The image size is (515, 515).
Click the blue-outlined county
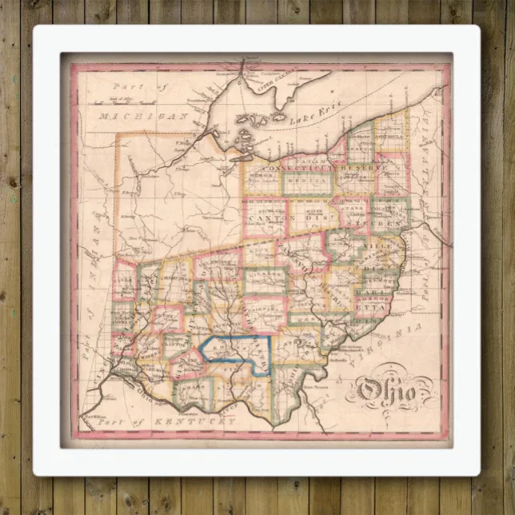coord(239,352)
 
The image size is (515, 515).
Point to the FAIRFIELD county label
coord(265,303)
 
